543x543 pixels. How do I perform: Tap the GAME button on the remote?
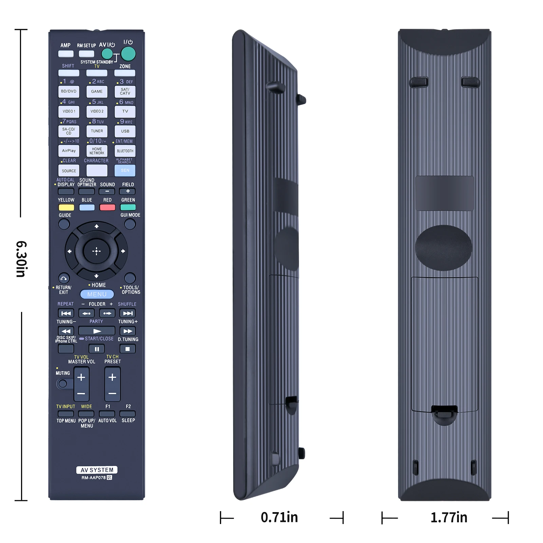point(97,92)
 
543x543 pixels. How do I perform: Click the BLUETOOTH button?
point(125,151)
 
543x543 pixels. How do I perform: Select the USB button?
point(125,131)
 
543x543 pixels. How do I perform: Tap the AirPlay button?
point(69,151)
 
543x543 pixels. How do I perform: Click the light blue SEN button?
point(125,170)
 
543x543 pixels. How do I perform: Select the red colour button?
point(107,207)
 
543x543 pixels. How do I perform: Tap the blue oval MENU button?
point(97,294)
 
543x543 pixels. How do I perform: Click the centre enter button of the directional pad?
point(96,251)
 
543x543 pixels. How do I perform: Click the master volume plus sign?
point(81,377)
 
